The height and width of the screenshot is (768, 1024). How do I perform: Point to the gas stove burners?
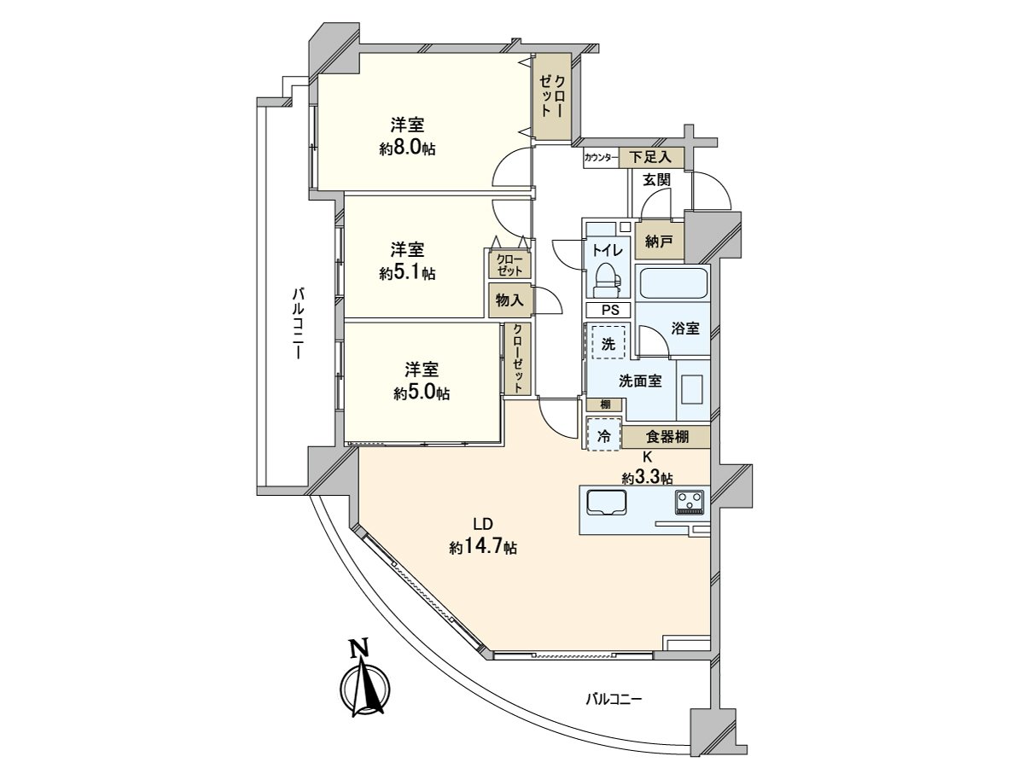[x=689, y=503]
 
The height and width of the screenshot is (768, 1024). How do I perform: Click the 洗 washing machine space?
[x=608, y=342]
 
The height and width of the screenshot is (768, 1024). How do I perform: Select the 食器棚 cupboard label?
[x=667, y=437]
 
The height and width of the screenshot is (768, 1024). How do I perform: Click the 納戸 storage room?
[x=659, y=241]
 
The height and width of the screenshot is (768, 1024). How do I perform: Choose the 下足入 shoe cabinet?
[x=651, y=157]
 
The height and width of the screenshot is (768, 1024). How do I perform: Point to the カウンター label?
[x=601, y=158]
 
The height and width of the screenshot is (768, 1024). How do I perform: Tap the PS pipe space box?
[x=608, y=310]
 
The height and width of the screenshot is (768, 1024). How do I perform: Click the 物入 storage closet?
[x=509, y=300]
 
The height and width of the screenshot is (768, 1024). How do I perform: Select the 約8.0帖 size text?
[x=407, y=148]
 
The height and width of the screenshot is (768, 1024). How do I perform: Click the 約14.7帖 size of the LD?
[x=483, y=547]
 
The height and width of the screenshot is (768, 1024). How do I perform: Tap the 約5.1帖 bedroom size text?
[x=407, y=273]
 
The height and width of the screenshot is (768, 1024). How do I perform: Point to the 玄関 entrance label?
[x=657, y=179]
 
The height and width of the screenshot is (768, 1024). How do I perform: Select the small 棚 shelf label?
[x=605, y=404]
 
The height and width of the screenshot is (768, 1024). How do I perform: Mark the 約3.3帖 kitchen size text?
[x=647, y=478]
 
